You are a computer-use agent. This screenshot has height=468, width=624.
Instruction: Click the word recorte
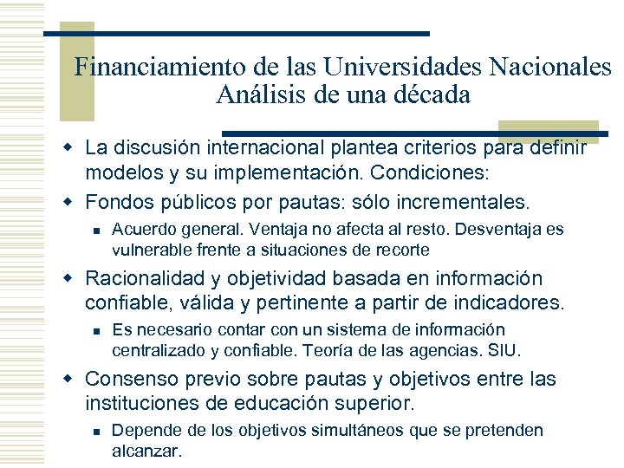401,250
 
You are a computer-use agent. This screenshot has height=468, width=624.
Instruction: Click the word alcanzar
147,451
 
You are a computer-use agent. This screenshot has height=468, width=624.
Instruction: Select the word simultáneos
326,431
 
